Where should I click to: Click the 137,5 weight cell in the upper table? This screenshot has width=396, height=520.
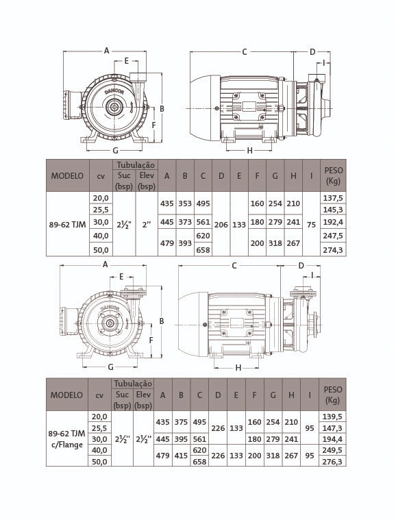pos(333,198)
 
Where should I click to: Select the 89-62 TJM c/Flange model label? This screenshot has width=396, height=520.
pos(66,438)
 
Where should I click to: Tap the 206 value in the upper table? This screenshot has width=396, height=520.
pos(221,225)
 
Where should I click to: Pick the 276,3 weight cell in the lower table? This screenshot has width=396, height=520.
pos(332,461)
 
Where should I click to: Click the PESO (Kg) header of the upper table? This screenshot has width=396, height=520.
pos(333,176)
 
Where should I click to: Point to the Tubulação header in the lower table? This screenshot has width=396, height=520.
pos(133,384)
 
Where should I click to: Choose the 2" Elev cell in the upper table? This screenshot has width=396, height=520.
pos(147,225)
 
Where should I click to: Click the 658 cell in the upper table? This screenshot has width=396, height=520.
pos(203,249)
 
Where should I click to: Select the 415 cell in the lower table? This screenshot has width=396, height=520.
pos(181,456)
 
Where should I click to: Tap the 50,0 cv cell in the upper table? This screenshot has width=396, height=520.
pos(101,249)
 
